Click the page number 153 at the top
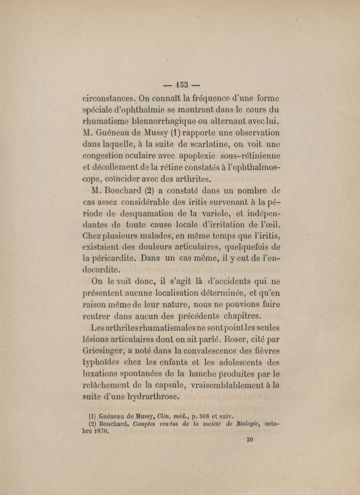180,84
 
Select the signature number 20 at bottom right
251,441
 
